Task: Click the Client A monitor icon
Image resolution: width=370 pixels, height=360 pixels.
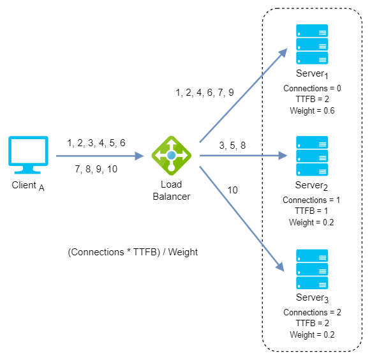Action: [x=28, y=155]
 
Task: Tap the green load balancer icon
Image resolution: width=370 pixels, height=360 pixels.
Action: [x=172, y=156]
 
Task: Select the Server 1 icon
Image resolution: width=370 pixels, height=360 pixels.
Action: [x=312, y=44]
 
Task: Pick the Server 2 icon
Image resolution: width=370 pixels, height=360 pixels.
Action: [x=312, y=156]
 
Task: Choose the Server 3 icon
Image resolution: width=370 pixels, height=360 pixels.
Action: [x=312, y=269]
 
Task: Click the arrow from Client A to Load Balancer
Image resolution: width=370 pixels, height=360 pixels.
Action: [x=100, y=156]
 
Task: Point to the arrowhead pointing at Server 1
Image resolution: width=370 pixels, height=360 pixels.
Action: [x=283, y=53]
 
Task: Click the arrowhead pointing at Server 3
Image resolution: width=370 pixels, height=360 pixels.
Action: [x=280, y=267]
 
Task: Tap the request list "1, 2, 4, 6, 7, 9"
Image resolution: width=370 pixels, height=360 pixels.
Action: [x=205, y=93]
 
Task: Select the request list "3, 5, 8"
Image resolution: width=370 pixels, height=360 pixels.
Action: [x=232, y=145]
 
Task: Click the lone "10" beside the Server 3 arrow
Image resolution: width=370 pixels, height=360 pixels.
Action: [x=232, y=190]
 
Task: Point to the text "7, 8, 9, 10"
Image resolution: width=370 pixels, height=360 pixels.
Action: [x=96, y=169]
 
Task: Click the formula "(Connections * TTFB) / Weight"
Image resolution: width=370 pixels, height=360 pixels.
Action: [x=133, y=252]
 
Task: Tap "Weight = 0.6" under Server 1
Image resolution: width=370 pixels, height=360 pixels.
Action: [x=312, y=110]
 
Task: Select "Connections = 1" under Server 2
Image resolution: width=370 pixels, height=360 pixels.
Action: [x=311, y=200]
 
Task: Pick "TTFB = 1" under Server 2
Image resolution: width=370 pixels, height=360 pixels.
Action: [x=311, y=211]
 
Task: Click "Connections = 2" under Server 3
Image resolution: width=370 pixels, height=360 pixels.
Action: [x=312, y=312]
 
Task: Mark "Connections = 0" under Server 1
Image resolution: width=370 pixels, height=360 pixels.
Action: [x=312, y=88]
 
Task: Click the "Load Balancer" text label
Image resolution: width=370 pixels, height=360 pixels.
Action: [x=172, y=190]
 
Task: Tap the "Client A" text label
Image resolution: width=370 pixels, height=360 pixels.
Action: [x=28, y=186]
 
